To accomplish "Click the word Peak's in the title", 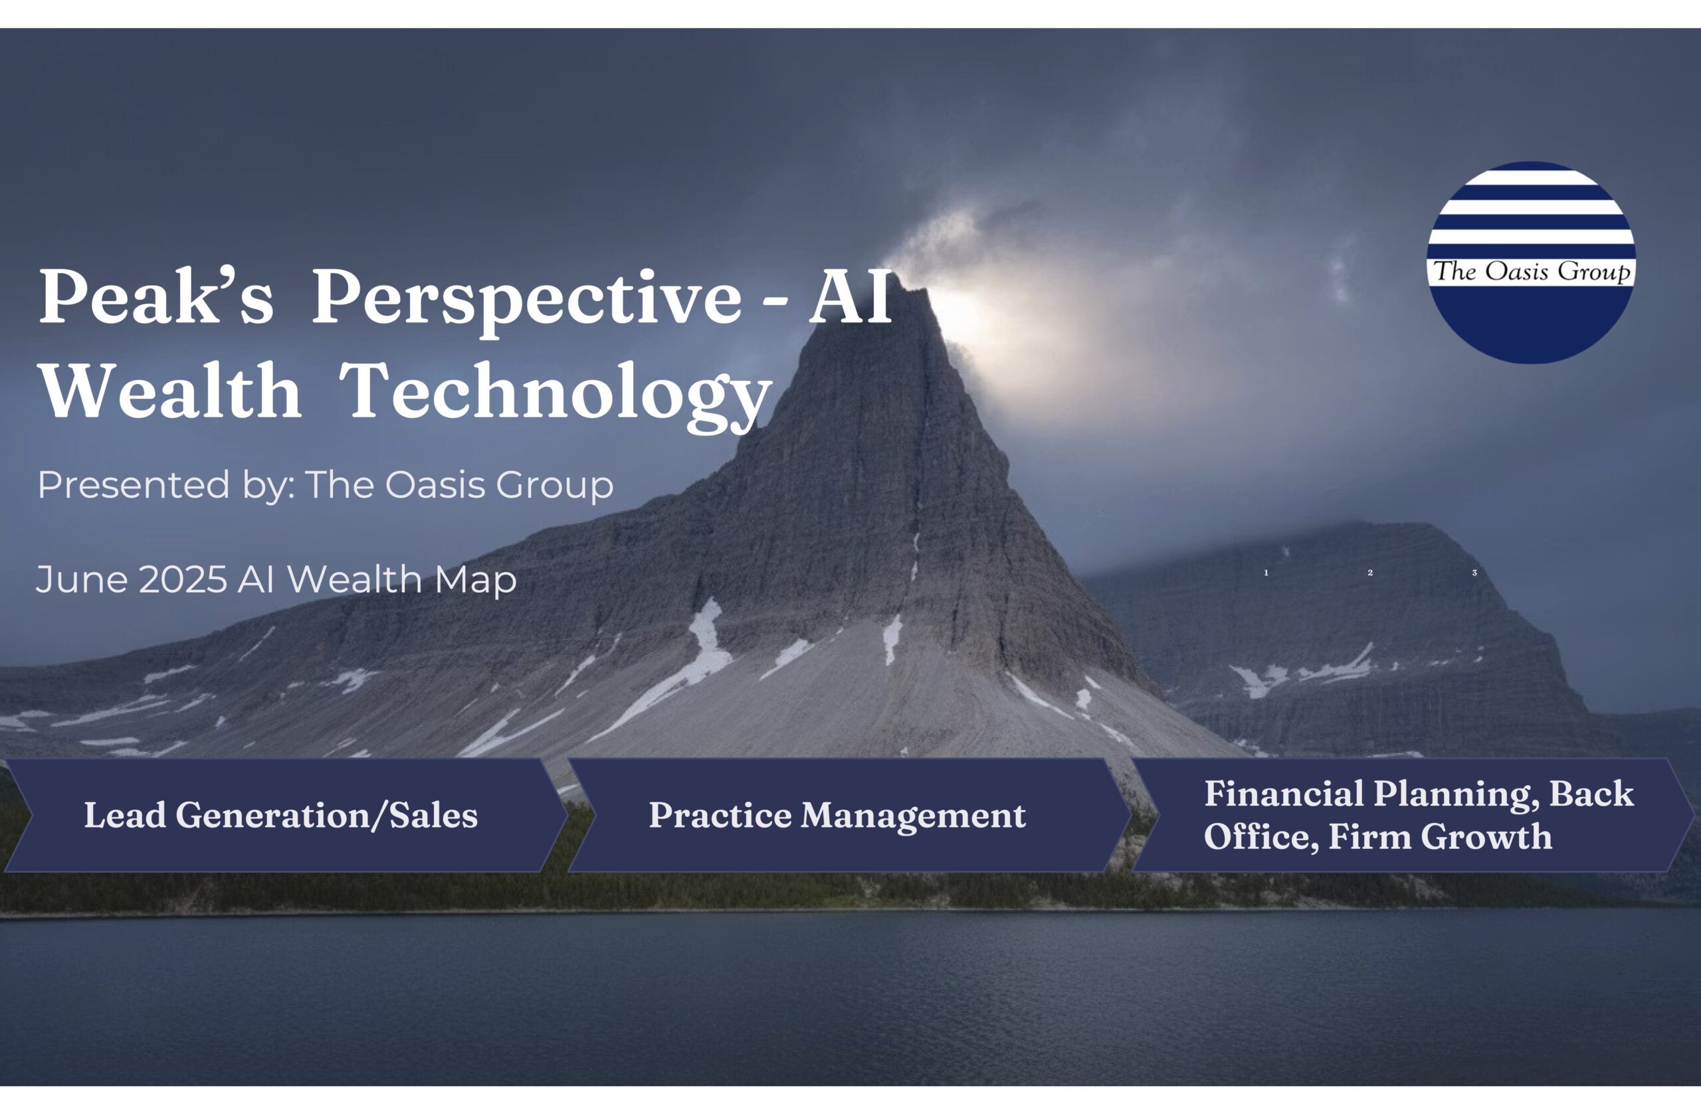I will click(x=155, y=296).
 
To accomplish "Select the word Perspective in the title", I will click(x=527, y=296).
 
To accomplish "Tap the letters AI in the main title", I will click(x=850, y=296).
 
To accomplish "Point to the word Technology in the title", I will click(x=555, y=393).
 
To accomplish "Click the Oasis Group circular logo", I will click(x=1531, y=263).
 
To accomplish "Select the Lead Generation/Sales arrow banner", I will click(x=281, y=815).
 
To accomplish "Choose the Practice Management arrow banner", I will click(x=837, y=815).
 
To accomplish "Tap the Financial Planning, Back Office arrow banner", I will click(x=1419, y=815).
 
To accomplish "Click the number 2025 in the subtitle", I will click(x=183, y=579).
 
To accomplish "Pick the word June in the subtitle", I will click(x=82, y=579).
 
